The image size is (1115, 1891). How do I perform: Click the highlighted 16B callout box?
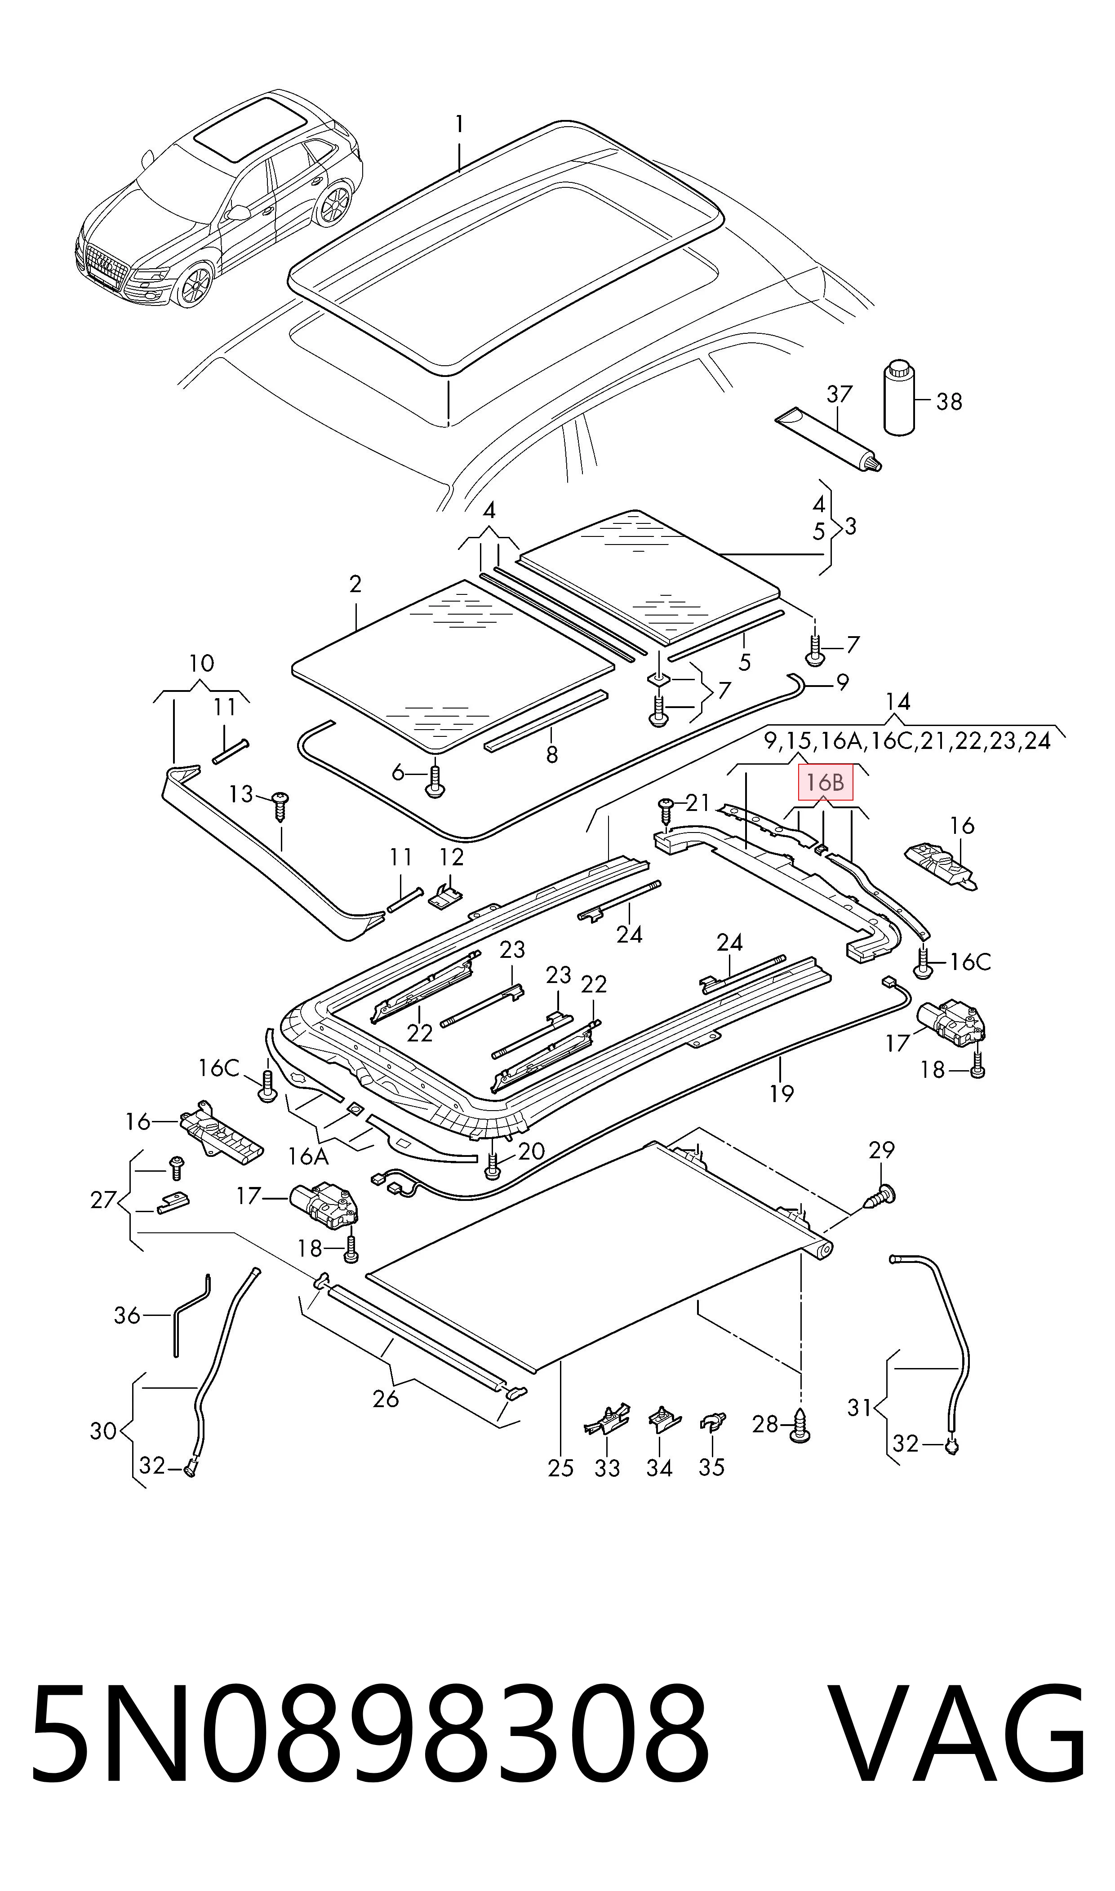(x=825, y=783)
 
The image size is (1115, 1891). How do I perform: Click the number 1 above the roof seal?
(x=460, y=124)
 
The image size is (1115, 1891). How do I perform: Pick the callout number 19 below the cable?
(x=782, y=1094)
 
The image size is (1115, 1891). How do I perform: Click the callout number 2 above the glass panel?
(x=355, y=584)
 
